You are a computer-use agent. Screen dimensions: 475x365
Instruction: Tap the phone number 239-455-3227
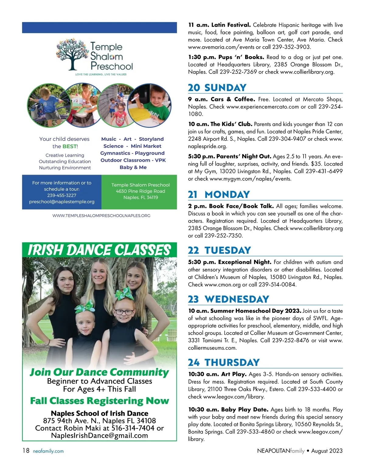62,195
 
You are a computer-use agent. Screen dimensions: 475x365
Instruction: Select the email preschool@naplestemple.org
62,202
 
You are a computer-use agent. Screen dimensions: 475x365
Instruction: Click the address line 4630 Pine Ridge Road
141,191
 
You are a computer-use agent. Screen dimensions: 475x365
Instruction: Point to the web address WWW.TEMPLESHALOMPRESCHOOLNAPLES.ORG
101,216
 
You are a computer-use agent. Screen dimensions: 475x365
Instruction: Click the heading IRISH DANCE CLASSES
99,250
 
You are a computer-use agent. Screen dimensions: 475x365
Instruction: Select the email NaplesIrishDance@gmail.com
99,436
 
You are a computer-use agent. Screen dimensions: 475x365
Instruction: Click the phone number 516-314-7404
134,428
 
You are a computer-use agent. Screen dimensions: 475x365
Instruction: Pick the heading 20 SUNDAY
217,88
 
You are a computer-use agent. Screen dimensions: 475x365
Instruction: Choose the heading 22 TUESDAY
219,250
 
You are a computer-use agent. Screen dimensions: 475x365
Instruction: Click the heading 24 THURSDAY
224,362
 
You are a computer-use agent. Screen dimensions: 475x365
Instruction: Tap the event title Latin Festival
231,25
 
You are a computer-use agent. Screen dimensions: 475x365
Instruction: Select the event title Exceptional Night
245,262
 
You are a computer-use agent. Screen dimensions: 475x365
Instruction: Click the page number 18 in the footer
26,451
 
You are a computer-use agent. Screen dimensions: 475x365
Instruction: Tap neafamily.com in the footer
48,451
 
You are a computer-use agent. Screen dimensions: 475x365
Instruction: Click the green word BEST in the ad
69,146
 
